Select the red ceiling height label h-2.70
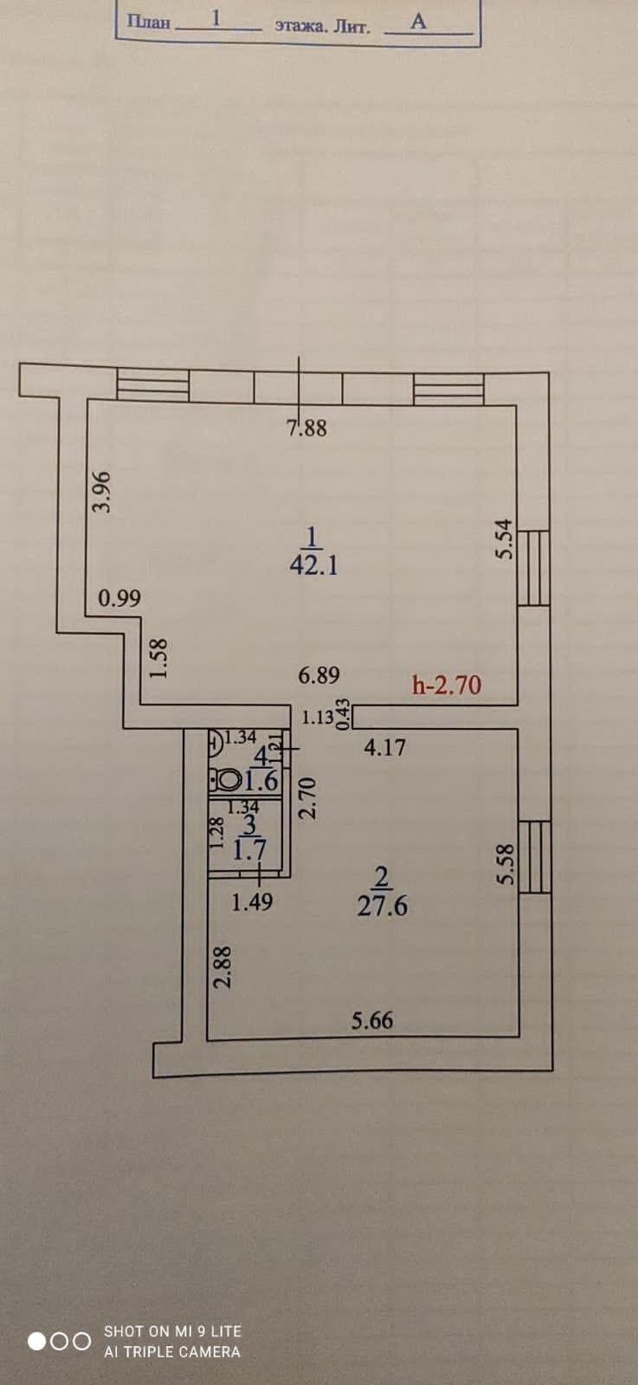click(x=447, y=686)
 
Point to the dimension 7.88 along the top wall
click(x=307, y=428)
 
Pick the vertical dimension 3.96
click(x=103, y=492)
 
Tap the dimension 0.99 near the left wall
click(x=119, y=598)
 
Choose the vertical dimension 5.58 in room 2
click(x=505, y=865)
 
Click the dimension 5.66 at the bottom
click(x=371, y=1021)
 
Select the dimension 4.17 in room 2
click(x=384, y=747)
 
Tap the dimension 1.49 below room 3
click(x=252, y=902)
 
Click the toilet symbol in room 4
click(x=227, y=781)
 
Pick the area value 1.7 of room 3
click(x=250, y=850)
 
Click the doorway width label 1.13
click(x=318, y=718)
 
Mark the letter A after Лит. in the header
click(x=418, y=22)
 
